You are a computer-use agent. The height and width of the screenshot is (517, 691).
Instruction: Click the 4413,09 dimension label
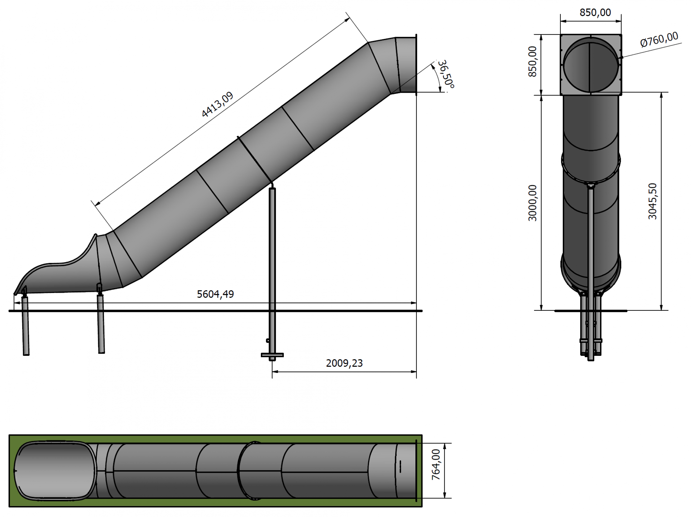[x=218, y=105]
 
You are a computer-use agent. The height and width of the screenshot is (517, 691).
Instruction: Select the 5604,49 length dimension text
[x=215, y=294]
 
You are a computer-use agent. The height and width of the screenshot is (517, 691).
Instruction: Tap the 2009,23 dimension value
[x=344, y=363]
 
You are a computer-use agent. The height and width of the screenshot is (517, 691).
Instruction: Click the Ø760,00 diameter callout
[x=659, y=40]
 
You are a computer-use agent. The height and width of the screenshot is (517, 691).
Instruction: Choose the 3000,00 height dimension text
[x=532, y=203]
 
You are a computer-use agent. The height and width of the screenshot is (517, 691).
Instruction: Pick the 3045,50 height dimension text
[x=653, y=201]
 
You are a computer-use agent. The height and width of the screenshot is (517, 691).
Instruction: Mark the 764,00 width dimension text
[x=436, y=464]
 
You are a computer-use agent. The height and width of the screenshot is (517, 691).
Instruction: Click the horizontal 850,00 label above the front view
[x=595, y=12]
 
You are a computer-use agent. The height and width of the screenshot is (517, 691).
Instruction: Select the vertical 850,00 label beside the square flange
[x=532, y=62]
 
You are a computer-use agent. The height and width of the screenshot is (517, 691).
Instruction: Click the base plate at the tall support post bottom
[x=272, y=355]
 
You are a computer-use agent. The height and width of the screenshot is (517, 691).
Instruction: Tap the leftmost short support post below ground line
[x=26, y=326]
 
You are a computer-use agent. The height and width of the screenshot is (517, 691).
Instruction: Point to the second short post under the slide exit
[x=101, y=325]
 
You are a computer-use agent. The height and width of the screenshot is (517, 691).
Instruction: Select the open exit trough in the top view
[x=55, y=471]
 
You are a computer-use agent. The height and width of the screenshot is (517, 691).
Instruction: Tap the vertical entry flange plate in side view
[x=416, y=64]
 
